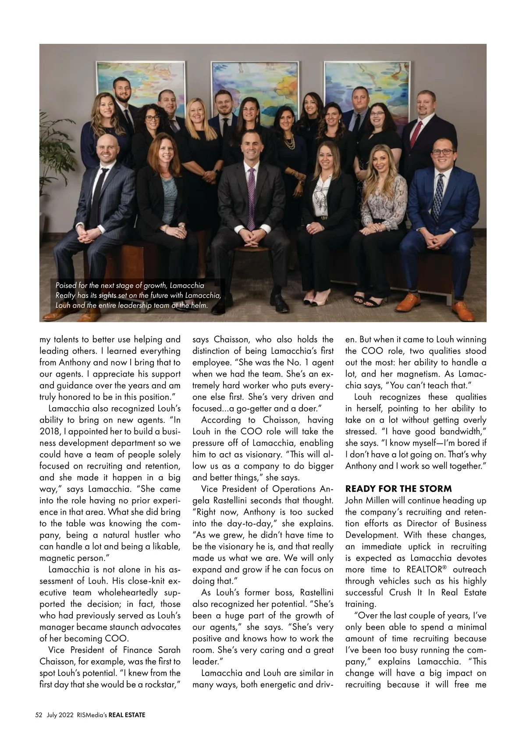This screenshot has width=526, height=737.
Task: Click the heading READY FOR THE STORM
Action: [x=398, y=488]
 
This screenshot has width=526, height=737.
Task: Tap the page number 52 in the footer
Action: [x=39, y=715]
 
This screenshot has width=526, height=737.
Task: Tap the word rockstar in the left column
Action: [x=158, y=684]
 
